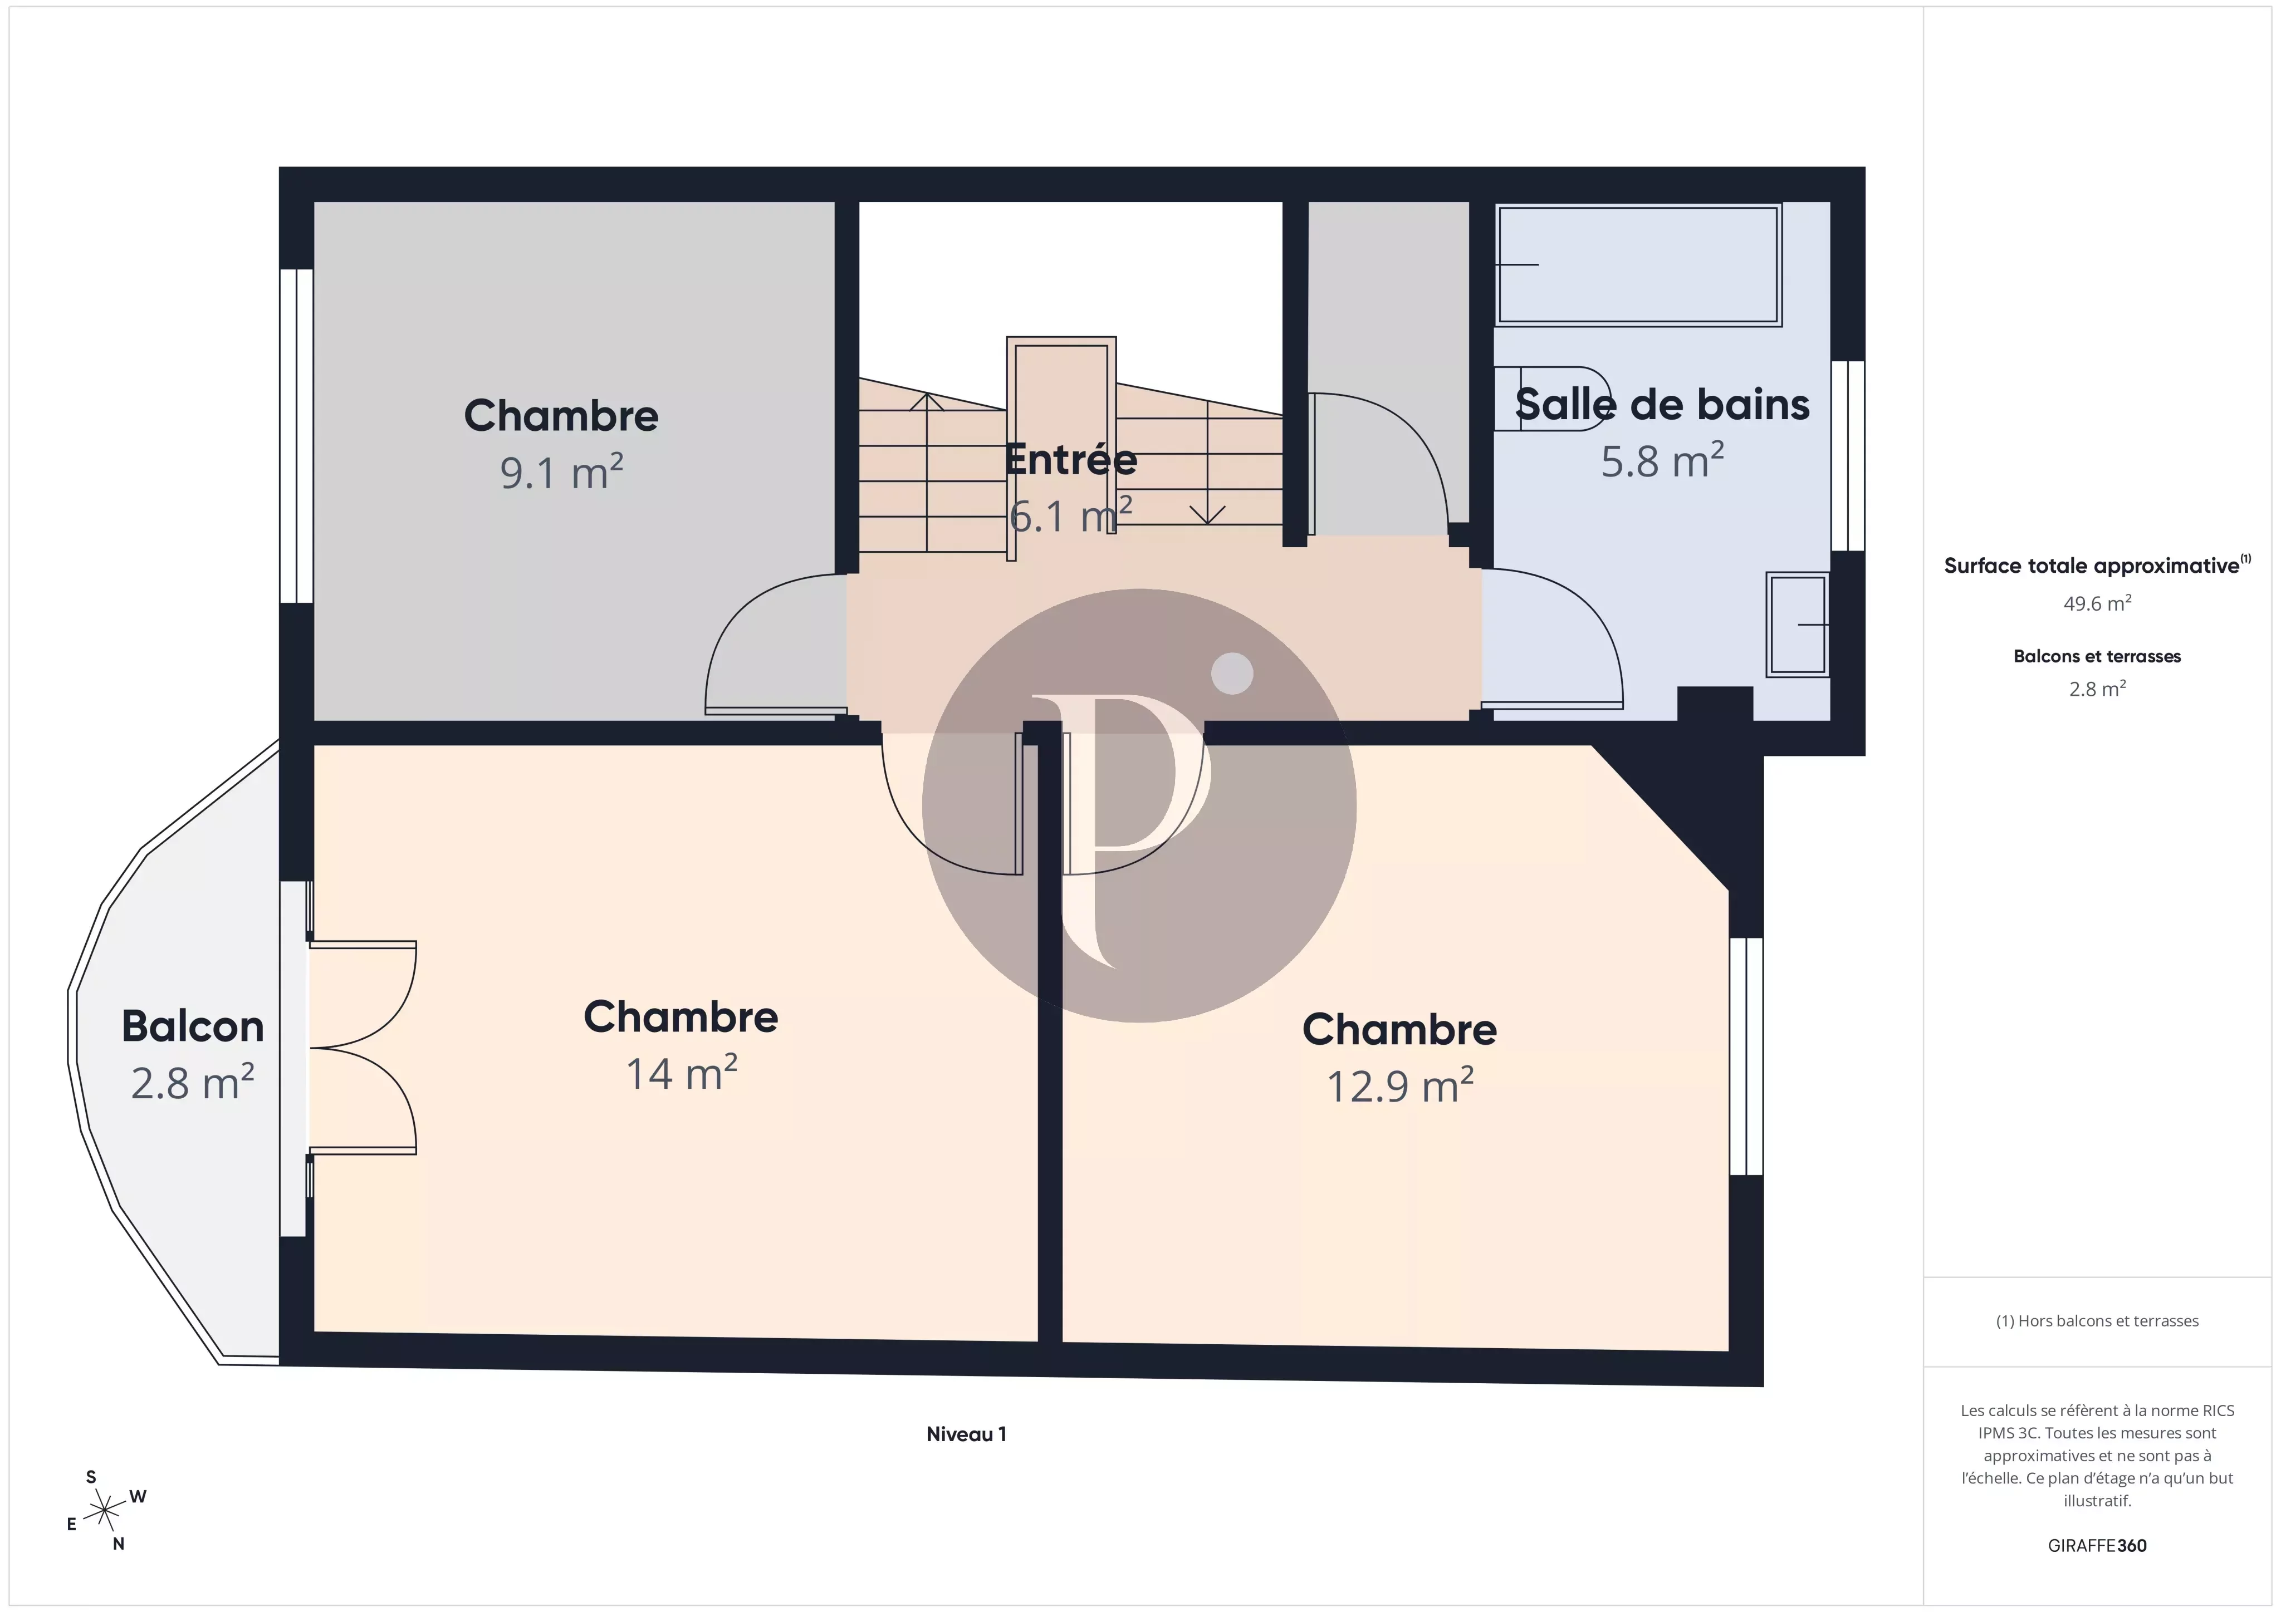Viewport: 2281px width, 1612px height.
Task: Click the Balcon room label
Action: point(193,1026)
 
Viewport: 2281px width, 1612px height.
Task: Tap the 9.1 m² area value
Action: point(561,472)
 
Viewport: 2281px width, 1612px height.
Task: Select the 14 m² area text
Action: point(682,1074)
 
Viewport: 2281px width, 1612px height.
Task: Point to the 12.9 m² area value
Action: point(1400,1085)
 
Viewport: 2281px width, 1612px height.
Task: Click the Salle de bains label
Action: point(1662,404)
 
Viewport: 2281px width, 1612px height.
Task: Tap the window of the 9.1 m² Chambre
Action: point(296,436)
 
